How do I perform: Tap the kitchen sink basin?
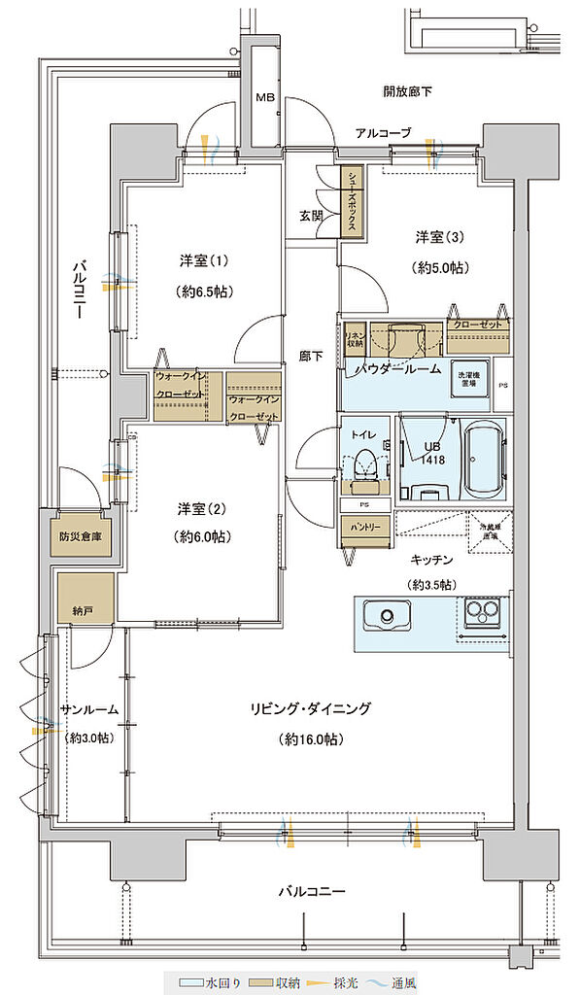coord(387,614)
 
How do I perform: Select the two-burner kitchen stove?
coord(482,612)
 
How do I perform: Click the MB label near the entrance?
coord(264,98)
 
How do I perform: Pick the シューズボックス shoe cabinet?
coord(351,201)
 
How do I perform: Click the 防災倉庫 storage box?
coord(80,535)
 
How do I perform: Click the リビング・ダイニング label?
coord(308,708)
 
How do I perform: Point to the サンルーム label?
coord(89,709)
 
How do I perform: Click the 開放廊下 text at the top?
coord(407,92)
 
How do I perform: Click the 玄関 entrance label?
coord(310,216)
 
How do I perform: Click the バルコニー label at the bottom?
coord(314,891)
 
